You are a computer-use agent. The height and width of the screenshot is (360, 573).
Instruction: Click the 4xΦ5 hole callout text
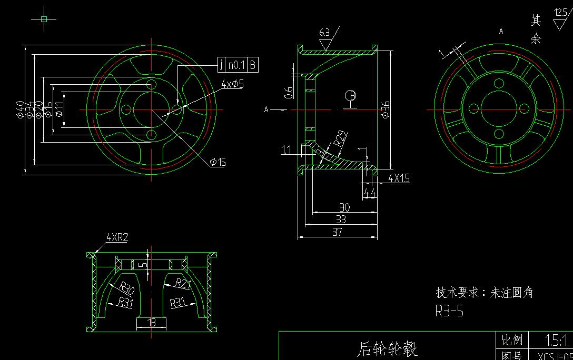[x=232, y=84]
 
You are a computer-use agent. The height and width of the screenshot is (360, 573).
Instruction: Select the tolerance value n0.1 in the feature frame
[x=236, y=65]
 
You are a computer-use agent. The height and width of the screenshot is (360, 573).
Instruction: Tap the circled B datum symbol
[x=351, y=96]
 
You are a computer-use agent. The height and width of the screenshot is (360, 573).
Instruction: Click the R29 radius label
[x=340, y=139]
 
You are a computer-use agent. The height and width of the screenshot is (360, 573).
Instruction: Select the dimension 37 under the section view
[x=338, y=232]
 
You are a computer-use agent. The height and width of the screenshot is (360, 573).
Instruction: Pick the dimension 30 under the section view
[x=344, y=207]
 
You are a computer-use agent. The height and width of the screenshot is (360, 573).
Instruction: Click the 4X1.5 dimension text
[x=399, y=178]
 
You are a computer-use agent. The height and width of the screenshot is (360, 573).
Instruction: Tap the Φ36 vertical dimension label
[x=386, y=109]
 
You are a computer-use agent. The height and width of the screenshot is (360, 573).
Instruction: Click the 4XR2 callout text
[x=117, y=238]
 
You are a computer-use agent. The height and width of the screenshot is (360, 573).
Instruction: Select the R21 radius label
[x=183, y=284]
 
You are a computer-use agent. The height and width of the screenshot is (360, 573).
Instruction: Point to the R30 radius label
[x=126, y=288]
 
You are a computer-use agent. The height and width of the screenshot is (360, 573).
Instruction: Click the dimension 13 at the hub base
[x=152, y=322]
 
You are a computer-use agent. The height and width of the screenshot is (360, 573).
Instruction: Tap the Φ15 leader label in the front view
[x=218, y=162]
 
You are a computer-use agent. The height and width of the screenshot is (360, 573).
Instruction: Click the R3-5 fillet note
[x=449, y=311]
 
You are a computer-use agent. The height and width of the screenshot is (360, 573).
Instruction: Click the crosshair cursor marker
[x=44, y=19]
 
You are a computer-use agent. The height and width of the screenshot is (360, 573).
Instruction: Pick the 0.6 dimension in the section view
[x=289, y=93]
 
